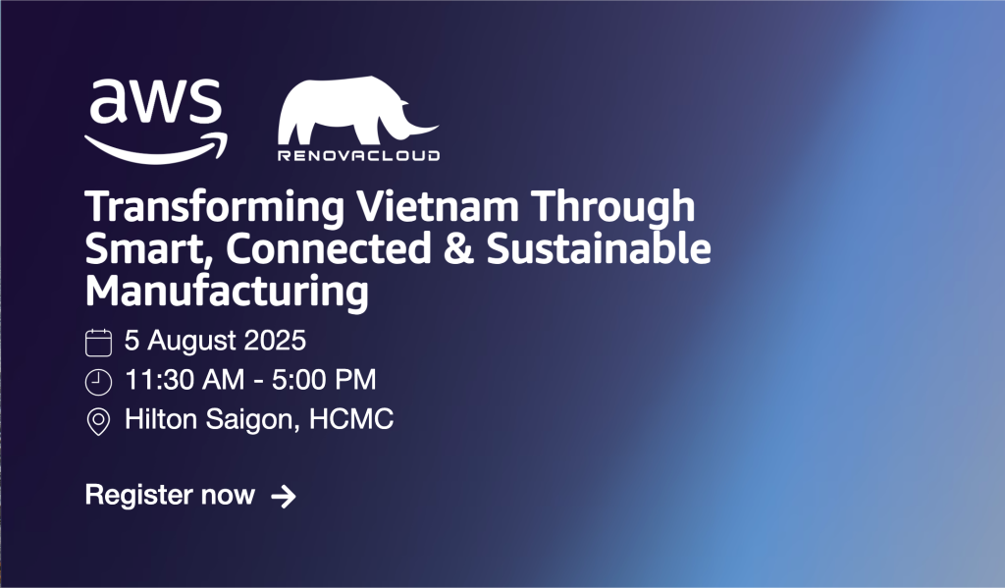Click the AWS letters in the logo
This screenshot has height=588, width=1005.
point(155,103)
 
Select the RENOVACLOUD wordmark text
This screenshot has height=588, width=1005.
point(359,155)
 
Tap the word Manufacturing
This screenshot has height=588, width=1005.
point(227,293)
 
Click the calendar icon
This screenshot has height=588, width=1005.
point(98,342)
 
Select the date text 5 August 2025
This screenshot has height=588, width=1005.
point(216,342)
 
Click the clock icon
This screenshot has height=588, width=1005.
point(98,382)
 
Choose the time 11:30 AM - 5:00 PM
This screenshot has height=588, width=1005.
point(250,381)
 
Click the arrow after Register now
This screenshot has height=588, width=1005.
point(283,497)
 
